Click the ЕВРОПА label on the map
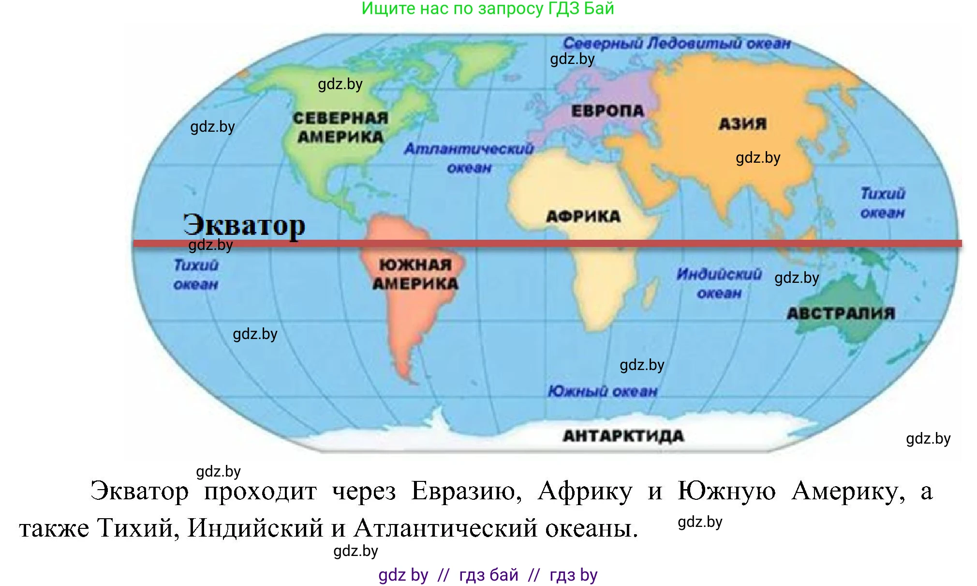point(607,111)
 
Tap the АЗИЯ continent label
point(742,124)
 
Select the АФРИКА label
point(583,216)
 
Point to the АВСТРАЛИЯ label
point(841,313)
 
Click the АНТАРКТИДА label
point(623,436)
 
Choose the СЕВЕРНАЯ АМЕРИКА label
point(340,127)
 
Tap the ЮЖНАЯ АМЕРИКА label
point(415,274)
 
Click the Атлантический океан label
point(469,158)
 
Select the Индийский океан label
point(719,283)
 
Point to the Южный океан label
point(603,391)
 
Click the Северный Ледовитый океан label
point(677,44)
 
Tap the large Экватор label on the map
point(244,225)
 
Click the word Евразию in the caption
point(466,491)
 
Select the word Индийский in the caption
point(255,528)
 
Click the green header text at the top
point(488,8)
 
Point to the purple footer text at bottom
point(488,575)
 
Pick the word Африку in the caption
point(585,491)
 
